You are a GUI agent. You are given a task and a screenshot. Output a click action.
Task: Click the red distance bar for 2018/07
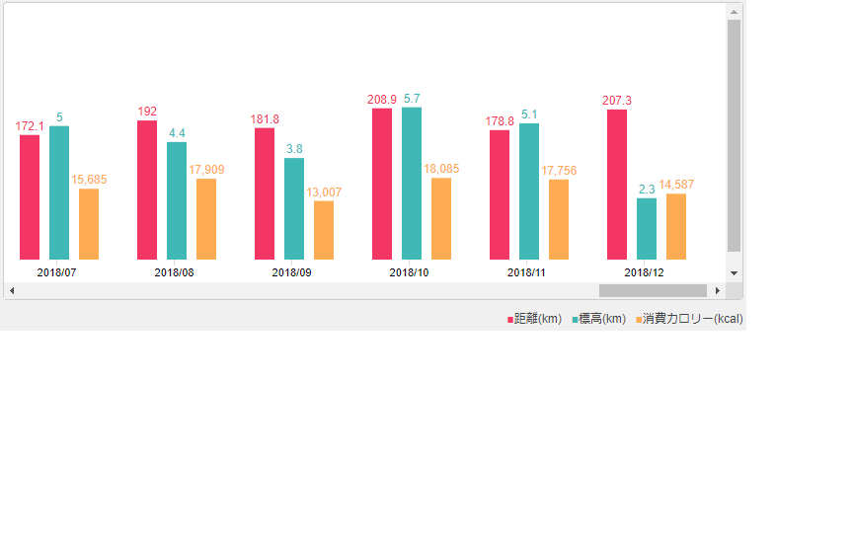(30, 196)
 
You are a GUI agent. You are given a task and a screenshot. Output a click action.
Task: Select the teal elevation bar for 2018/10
(412, 183)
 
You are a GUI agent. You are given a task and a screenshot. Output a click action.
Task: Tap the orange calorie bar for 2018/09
(324, 230)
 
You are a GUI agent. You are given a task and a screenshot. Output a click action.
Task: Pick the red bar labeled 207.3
(617, 184)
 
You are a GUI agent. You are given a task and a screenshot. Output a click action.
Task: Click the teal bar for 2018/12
(647, 228)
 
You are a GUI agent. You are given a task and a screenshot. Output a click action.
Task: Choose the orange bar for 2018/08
(206, 218)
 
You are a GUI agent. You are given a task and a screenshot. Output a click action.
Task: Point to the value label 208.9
(382, 100)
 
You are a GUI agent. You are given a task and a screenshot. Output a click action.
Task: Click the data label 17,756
(559, 171)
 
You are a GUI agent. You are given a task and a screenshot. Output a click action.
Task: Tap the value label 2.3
(647, 189)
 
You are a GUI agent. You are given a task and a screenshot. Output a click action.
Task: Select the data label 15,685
(89, 180)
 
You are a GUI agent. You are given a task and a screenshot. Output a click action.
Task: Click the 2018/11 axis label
(526, 272)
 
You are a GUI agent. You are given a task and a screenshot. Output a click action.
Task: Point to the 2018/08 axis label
(174, 272)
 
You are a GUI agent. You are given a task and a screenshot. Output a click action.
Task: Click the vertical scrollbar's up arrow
(734, 12)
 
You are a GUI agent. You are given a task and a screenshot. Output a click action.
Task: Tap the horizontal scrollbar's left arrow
(12, 290)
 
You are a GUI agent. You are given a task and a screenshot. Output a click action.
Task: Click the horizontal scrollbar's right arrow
(718, 290)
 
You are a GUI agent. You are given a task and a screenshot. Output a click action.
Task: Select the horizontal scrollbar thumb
(653, 290)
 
